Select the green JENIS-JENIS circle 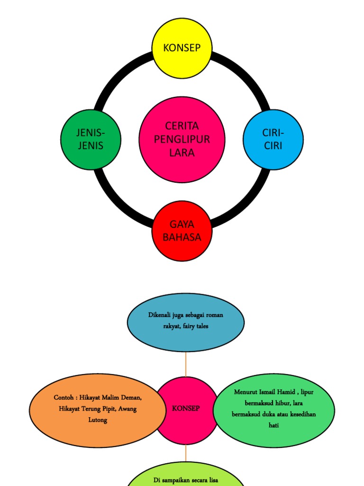point(91,140)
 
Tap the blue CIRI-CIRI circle point(273,140)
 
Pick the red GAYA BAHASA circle point(182,231)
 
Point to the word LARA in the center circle point(182,153)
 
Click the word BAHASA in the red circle point(182,237)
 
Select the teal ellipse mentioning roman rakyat point(186,322)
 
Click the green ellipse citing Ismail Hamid point(274,409)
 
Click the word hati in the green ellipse point(274,425)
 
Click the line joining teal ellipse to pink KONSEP point(186,364)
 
